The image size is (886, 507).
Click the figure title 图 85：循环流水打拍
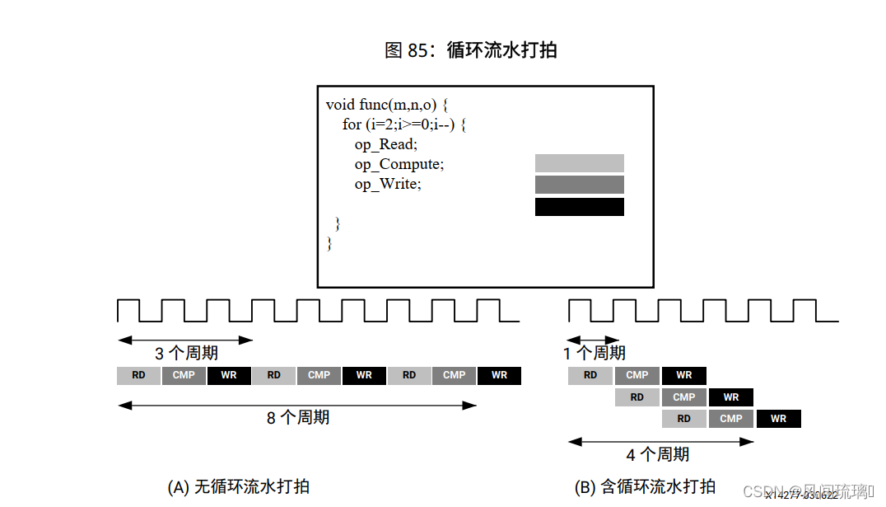470,50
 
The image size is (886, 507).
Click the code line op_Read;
386,144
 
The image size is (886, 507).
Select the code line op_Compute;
399,164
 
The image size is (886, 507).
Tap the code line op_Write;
388,184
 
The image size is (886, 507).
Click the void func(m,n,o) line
386,105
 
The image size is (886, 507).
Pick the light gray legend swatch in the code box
579,163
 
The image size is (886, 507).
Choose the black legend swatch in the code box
579,207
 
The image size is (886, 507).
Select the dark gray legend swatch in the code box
579,185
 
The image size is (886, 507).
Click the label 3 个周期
187,354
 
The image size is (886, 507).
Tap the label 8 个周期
298,418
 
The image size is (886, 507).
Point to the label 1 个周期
595,354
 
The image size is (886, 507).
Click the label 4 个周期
658,454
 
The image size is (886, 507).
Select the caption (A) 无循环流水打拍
238,486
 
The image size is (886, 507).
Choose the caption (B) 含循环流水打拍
645,486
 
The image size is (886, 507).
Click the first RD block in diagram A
138,376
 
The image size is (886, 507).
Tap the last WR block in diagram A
499,376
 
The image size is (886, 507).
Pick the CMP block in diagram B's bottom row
731,419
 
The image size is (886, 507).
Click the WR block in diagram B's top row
684,376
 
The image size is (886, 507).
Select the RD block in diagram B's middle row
637,397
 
